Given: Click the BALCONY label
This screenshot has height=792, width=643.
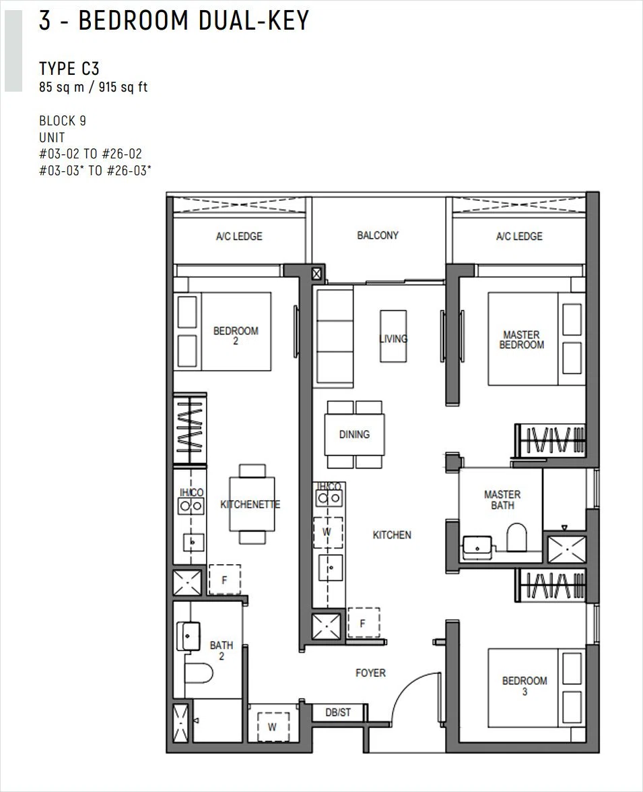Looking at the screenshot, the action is tap(378, 235).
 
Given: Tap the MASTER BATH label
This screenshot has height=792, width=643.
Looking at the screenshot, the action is tap(502, 499).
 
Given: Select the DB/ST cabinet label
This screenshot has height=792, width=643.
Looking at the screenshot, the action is tap(338, 712).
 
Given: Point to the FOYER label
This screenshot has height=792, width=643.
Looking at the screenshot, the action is tap(370, 673).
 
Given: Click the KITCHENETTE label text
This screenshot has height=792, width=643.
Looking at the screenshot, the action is tap(250, 504).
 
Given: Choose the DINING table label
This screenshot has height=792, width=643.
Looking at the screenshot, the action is tap(354, 434).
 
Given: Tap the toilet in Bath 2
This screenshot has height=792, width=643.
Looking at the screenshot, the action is tap(199, 673).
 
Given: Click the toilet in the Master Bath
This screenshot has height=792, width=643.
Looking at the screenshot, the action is tap(516, 537).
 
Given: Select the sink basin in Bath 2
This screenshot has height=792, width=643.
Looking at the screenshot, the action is tap(189, 636).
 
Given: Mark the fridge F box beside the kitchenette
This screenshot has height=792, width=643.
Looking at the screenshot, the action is tap(225, 580).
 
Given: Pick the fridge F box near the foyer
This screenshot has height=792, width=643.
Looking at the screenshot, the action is tap(364, 623).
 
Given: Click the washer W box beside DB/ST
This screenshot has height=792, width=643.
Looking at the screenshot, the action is tap(273, 727).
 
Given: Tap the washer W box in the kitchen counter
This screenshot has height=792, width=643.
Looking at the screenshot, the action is tap(327, 532).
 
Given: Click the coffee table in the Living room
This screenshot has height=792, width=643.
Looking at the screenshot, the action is tap(393, 336).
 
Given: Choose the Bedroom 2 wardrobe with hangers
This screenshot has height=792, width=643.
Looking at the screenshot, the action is tap(190, 428).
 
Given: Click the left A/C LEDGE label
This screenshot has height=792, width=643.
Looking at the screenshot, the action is tap(239, 237).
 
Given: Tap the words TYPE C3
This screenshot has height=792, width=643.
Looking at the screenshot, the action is tap(69, 68).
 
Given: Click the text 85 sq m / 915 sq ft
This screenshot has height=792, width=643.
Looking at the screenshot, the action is tap(94, 87).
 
